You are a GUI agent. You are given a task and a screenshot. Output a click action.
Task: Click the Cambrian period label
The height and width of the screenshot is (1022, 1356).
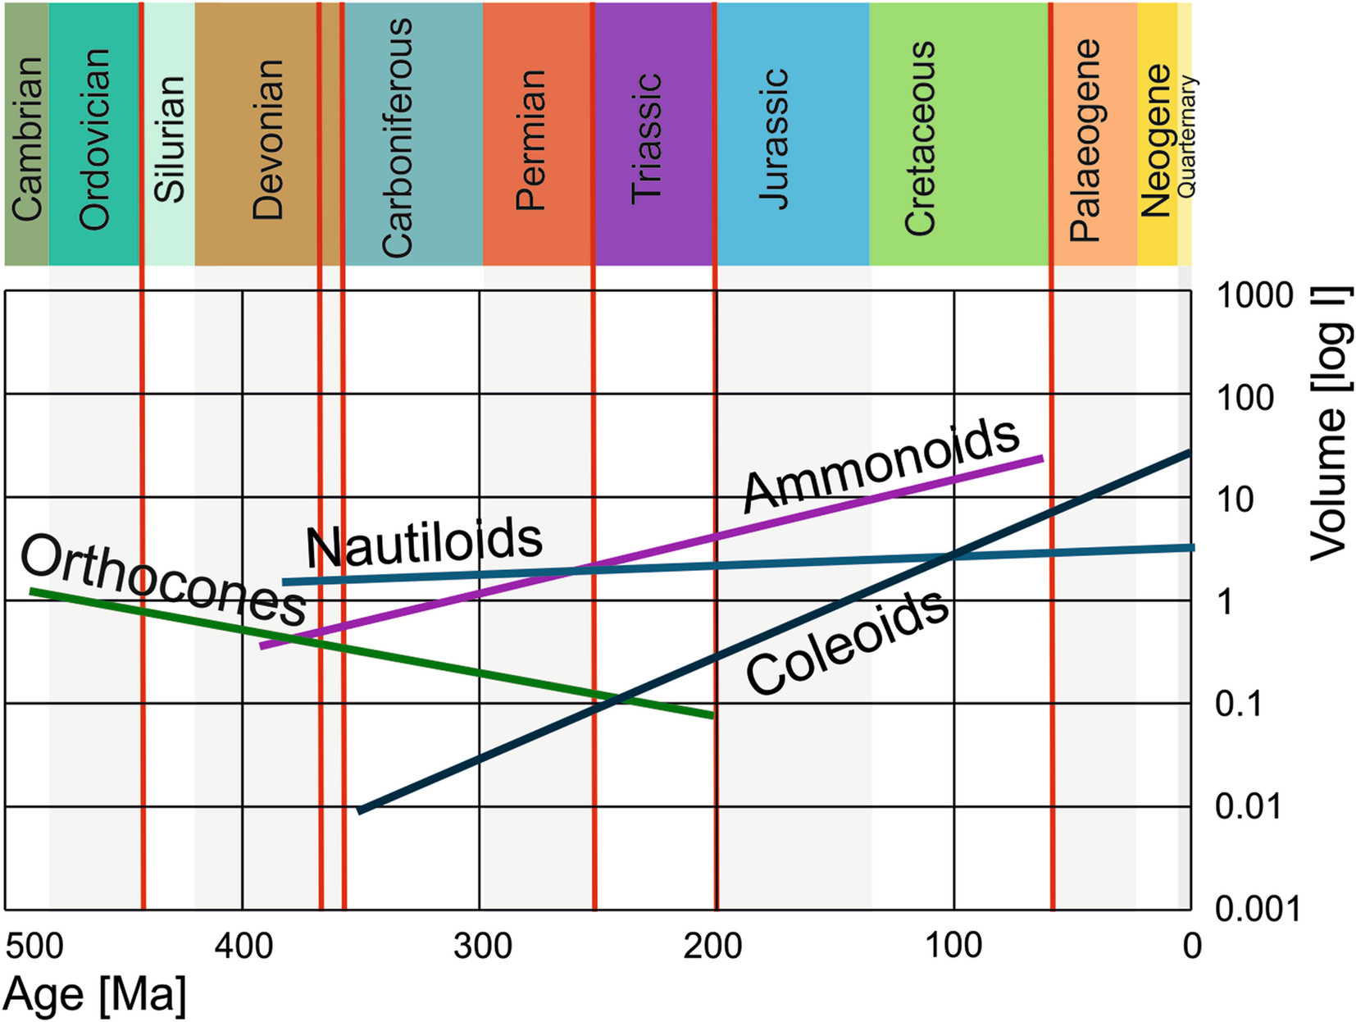tap(27, 138)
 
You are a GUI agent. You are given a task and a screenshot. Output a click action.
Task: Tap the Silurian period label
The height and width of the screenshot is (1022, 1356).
tap(170, 138)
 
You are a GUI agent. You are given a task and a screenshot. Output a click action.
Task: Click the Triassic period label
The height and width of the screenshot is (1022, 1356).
tap(647, 138)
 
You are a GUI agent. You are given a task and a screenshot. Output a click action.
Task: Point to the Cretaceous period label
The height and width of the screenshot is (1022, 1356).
tap(920, 138)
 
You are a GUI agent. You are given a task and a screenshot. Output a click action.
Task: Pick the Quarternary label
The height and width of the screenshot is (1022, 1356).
tap(1187, 135)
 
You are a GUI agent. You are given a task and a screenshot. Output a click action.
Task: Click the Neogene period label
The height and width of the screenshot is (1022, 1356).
tap(1157, 139)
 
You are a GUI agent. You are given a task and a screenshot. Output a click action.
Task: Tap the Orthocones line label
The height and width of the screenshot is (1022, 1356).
tap(163, 581)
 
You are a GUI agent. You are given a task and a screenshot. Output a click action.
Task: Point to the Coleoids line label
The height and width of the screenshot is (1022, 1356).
tap(848, 645)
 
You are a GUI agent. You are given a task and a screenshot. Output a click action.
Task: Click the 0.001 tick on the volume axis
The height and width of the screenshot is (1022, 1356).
tap(1257, 909)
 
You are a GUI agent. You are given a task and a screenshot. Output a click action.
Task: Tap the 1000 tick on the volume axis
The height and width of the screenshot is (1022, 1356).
tap(1254, 295)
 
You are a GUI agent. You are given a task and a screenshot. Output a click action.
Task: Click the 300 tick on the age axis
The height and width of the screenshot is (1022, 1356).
tap(482, 946)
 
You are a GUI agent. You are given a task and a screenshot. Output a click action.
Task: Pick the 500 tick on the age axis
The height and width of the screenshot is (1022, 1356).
tap(34, 946)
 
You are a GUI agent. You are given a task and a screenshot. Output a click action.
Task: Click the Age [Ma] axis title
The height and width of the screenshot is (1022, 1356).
tap(95, 994)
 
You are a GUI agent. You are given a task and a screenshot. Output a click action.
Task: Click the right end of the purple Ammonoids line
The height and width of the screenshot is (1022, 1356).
tap(1041, 459)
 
